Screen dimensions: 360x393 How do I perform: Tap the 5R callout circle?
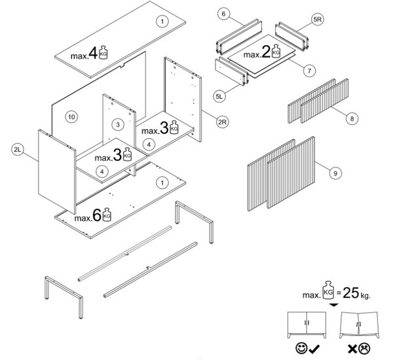click(317, 20)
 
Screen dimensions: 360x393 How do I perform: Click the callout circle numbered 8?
click(352, 118)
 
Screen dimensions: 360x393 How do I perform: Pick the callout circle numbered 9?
click(335, 173)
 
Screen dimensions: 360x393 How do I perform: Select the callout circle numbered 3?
click(117, 124)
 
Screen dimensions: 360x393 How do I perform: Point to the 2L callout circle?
click(18, 151)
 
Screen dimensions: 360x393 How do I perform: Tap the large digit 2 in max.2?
click(267, 54)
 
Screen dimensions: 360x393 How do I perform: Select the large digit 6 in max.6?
click(96, 216)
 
